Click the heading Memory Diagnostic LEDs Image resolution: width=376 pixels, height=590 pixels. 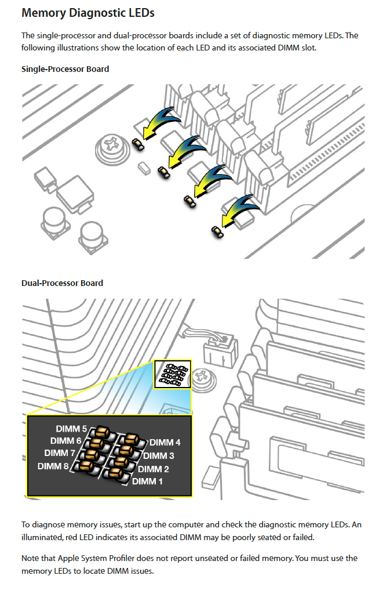click(88, 12)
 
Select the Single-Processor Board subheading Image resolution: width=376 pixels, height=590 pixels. click(65, 69)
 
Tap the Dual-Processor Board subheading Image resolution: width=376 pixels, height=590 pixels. click(62, 283)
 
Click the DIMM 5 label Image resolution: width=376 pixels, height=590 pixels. click(71, 429)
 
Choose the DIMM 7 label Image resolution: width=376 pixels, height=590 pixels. click(60, 453)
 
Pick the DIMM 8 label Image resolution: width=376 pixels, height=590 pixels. click(53, 466)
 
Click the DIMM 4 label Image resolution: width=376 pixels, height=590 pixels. click(165, 443)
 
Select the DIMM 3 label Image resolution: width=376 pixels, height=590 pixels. click(159, 456)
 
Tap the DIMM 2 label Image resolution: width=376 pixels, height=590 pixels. click(154, 469)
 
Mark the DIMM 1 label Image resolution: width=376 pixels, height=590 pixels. click(148, 481)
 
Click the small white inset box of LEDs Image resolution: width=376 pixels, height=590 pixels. click(172, 374)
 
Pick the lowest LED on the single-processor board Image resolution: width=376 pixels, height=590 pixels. click(217, 232)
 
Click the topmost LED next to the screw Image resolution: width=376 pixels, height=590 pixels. click(138, 143)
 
